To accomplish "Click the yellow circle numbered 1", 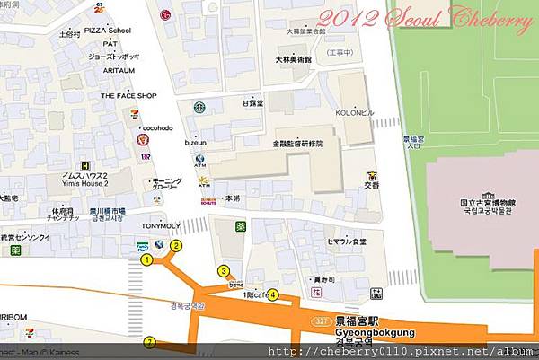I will pos(146,260).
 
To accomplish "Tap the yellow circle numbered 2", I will pos(176,245).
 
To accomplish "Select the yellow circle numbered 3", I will pos(223,270).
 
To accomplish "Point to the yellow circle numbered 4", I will pos(273,294).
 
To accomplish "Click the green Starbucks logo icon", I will pos(199,105).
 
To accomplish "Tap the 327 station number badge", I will pos(321,321).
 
